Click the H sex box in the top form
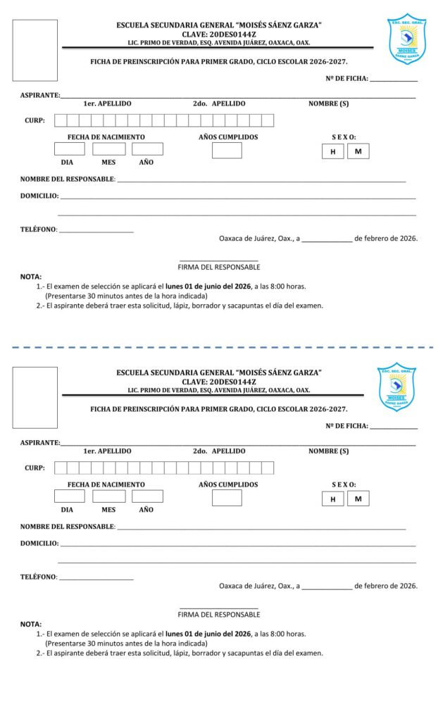pyautogui.click(x=332, y=151)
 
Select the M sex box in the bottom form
pyautogui.click(x=358, y=499)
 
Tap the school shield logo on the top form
pyautogui.click(x=406, y=39)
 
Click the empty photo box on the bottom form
pyautogui.click(x=35, y=397)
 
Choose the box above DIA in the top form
pyautogui.click(x=69, y=149)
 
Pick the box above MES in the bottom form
pyautogui.click(x=108, y=496)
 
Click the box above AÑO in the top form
pyautogui.click(x=147, y=149)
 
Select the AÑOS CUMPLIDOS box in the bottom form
pyautogui.click(x=227, y=497)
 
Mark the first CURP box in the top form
pyautogui.click(x=61, y=120)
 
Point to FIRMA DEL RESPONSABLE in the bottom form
pyautogui.click(x=219, y=615)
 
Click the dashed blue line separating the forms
pyautogui.click(x=219, y=347)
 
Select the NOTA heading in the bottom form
pyautogui.click(x=31, y=624)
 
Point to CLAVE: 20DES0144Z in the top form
pyautogui.click(x=219, y=34)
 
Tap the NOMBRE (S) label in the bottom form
pyautogui.click(x=328, y=451)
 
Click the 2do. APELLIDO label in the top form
pyautogui.click(x=219, y=104)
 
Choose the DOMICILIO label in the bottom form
pyautogui.click(x=39, y=544)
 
